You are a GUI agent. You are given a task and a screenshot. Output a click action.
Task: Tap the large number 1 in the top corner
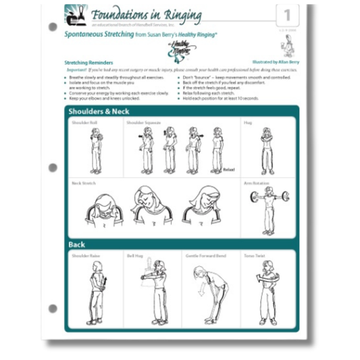[286, 15]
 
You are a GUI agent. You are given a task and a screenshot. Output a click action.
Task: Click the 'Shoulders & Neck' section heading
[99, 111]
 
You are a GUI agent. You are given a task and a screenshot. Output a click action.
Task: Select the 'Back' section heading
[76, 244]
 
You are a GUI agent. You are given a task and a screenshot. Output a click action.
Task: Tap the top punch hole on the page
[53, 28]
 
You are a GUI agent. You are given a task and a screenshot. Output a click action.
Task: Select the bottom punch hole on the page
[53, 308]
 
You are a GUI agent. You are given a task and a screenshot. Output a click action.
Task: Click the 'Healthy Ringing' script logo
[160, 50]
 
